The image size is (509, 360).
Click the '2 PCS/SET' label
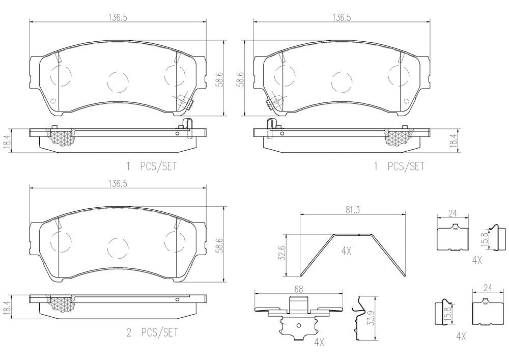point(152,333)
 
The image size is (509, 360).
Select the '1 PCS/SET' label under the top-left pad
point(151,166)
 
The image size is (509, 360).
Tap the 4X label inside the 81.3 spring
point(347,251)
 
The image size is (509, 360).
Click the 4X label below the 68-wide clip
point(319,343)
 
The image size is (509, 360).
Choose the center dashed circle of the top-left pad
point(118,81)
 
